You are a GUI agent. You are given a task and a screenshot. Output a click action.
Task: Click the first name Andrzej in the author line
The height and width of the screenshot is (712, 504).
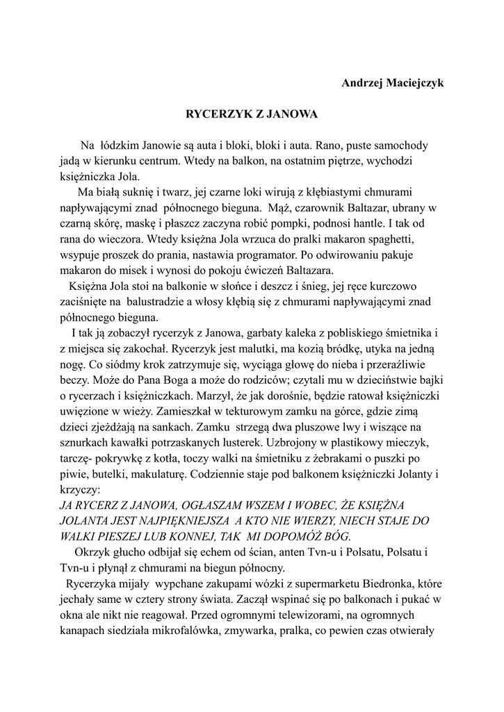[365, 83]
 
